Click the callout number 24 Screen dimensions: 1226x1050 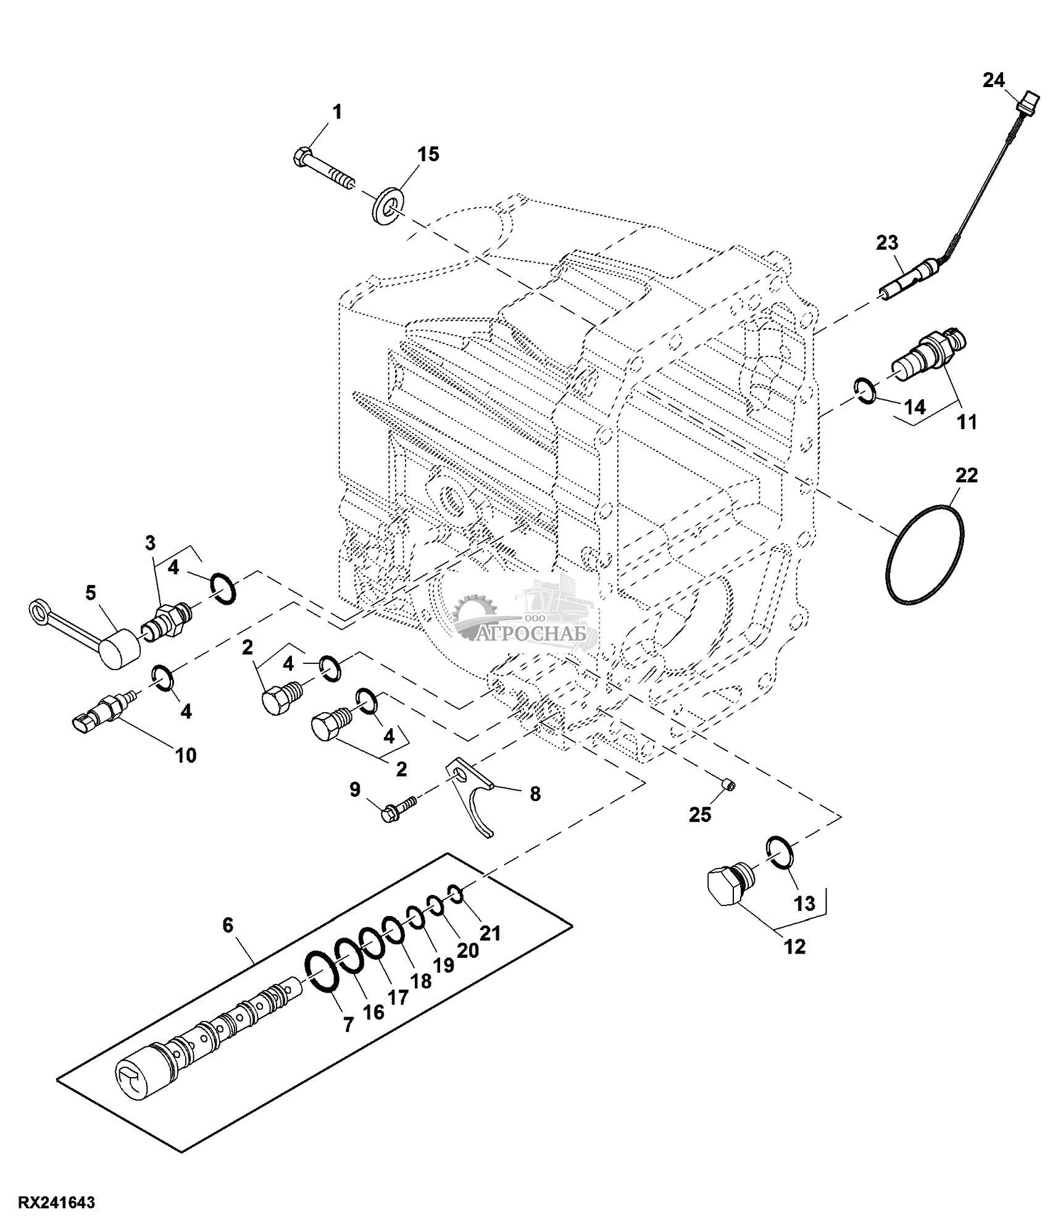click(x=994, y=81)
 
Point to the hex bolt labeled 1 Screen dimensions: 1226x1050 click(x=323, y=168)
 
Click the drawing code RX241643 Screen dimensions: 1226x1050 click(x=57, y=1203)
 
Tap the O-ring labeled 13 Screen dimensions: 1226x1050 click(x=780, y=854)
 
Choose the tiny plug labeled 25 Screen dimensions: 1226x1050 click(x=729, y=785)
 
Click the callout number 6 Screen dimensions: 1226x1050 click(x=228, y=925)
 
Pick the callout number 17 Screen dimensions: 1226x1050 click(x=399, y=996)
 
